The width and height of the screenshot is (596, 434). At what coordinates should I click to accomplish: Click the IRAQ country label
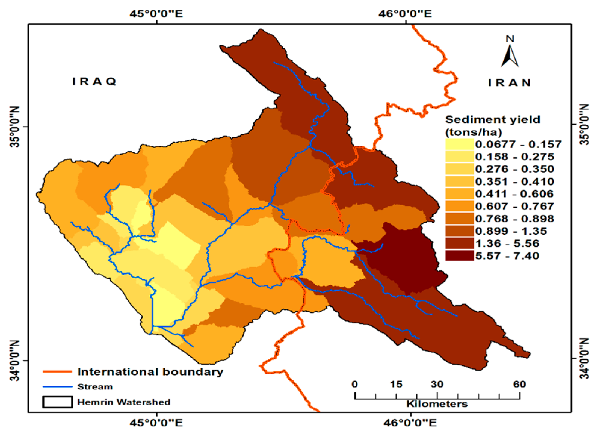(94, 82)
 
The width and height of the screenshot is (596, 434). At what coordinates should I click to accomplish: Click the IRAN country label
(509, 83)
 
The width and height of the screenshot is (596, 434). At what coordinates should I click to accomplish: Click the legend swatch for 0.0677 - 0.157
(459, 144)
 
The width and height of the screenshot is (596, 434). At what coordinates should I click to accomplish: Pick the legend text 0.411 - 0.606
(514, 194)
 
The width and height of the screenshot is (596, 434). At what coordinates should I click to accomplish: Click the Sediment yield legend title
(493, 126)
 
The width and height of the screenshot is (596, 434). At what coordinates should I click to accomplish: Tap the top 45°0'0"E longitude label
(156, 14)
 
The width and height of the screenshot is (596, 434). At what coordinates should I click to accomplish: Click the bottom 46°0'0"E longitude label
(410, 423)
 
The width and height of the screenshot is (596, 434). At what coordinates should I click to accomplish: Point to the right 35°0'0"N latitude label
(584, 125)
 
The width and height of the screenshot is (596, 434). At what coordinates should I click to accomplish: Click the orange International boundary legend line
(57, 372)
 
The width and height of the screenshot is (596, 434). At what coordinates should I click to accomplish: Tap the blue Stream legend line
(57, 387)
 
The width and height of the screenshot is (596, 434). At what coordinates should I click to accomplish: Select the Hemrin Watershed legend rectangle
(57, 402)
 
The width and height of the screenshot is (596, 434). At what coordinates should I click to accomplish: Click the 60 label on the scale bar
(520, 384)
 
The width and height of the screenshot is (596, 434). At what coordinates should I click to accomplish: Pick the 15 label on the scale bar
(396, 384)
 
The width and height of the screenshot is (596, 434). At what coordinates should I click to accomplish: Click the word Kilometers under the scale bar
(437, 404)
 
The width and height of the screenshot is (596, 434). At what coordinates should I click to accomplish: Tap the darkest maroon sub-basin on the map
(409, 259)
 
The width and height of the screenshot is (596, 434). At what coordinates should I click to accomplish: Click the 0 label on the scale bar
(355, 384)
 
